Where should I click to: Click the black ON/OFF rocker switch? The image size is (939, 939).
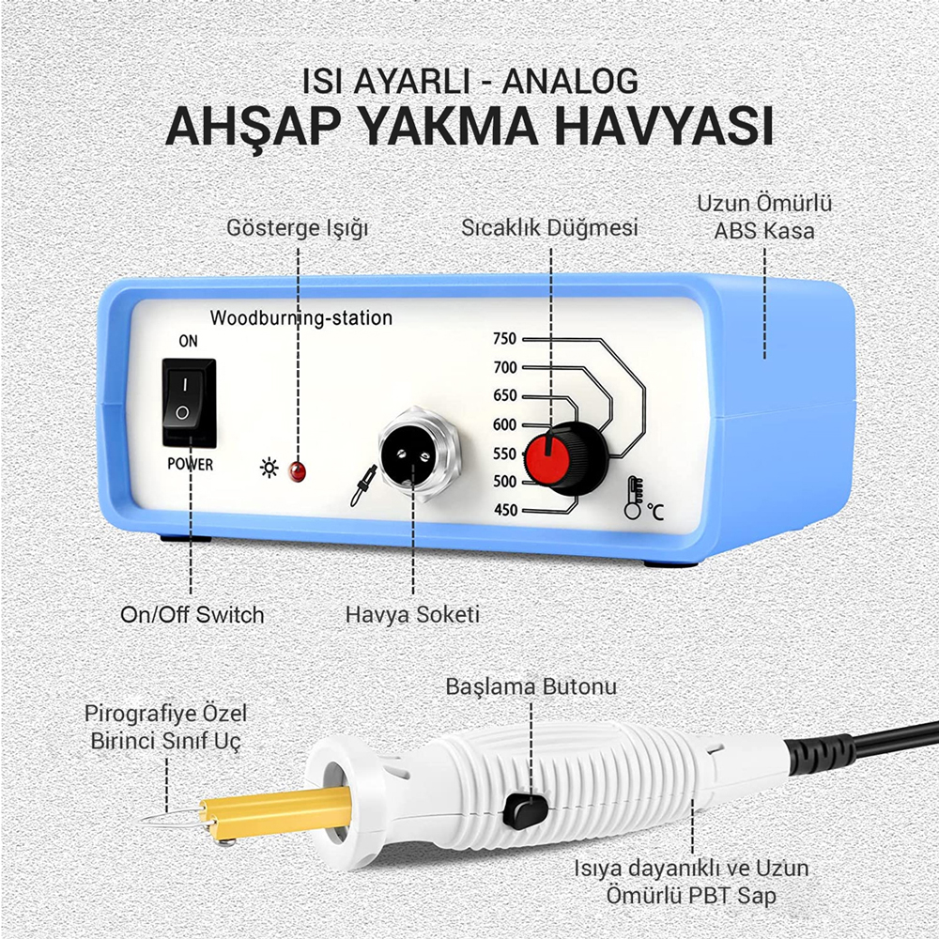(189, 402)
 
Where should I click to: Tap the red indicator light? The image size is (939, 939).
(297, 471)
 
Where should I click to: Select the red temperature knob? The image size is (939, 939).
(565, 459)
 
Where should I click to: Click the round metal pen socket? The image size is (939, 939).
(420, 454)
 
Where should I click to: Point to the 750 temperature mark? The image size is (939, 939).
(504, 339)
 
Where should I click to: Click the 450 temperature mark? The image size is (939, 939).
(505, 510)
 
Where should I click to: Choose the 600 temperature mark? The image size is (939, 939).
(504, 424)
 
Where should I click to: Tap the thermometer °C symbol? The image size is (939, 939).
(643, 499)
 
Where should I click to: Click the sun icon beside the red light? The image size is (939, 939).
(269, 468)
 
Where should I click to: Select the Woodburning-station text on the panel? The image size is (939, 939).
(301, 318)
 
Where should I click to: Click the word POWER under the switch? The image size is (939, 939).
(190, 464)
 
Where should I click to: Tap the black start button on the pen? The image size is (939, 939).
(525, 810)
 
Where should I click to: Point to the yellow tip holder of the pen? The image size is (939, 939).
(276, 814)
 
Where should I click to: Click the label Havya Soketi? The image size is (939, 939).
(412, 615)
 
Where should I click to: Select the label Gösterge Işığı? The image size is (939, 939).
(298, 228)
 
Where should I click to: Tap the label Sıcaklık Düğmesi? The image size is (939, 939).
(549, 228)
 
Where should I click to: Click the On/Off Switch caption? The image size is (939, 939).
(192, 615)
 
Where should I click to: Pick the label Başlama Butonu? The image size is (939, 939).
(531, 686)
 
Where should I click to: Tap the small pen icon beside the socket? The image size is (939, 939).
(363, 485)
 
